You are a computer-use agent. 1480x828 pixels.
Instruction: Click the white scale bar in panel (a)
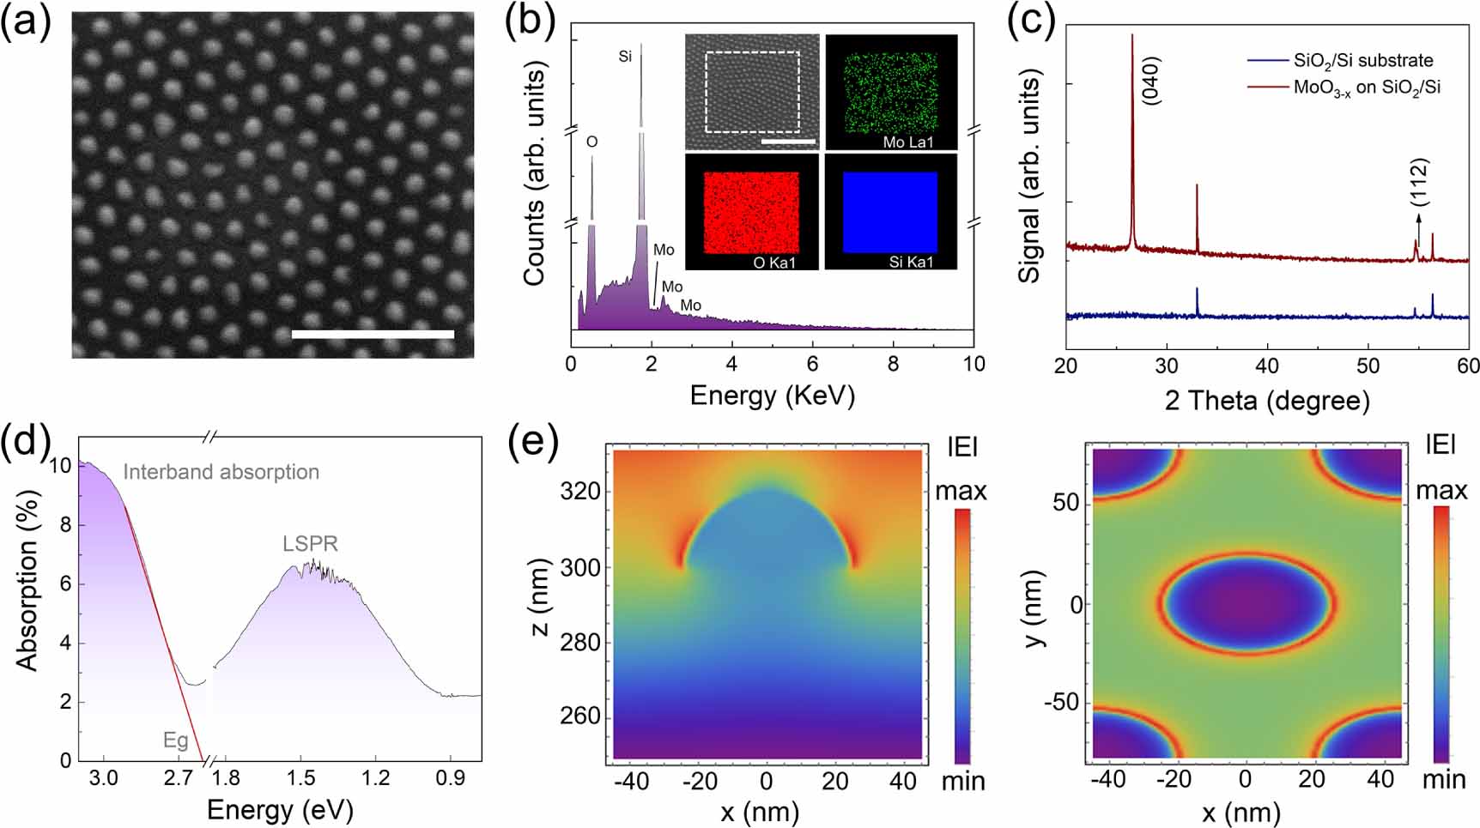(373, 334)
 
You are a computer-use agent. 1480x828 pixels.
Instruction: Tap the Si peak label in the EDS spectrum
(625, 57)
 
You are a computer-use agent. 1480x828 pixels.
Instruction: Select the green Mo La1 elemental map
(891, 92)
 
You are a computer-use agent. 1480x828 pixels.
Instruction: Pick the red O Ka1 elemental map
(752, 212)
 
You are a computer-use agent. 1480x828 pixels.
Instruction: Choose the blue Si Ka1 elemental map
(890, 212)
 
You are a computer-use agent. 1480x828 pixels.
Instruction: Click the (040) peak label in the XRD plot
(1151, 81)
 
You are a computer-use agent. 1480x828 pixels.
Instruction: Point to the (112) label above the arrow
(1419, 181)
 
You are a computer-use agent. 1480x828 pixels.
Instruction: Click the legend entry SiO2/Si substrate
(1363, 60)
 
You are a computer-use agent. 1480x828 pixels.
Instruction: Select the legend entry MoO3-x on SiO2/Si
(1367, 88)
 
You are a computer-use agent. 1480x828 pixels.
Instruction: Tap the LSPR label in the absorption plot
(310, 544)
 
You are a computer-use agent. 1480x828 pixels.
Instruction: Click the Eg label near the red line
(176, 740)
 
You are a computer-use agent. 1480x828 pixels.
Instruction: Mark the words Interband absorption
(221, 472)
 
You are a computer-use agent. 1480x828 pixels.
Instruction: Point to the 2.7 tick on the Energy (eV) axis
(178, 779)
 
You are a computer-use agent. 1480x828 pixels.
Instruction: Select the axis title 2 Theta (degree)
(1267, 400)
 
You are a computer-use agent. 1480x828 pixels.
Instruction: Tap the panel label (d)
(26, 442)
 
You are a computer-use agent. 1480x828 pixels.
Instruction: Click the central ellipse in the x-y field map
(1246, 603)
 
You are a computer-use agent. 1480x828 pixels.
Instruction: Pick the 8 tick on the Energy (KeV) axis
(893, 364)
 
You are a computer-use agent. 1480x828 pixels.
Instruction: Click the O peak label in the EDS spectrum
(591, 142)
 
